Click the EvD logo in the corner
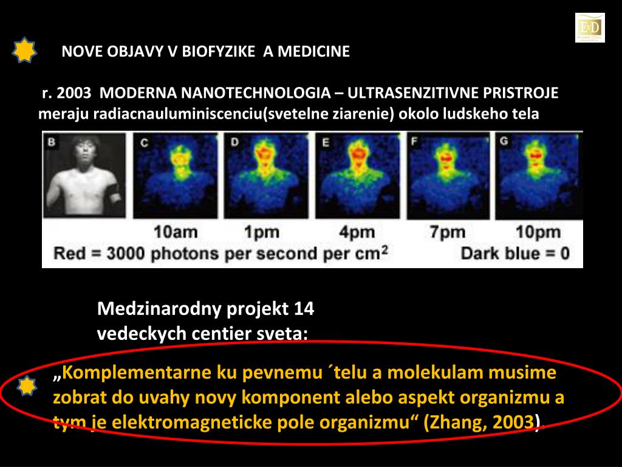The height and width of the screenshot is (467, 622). click(x=590, y=27)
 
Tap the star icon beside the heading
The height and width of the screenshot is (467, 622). click(x=24, y=50)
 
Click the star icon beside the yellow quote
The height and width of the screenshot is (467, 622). click(x=27, y=386)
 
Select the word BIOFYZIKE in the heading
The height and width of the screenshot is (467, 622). click(x=217, y=51)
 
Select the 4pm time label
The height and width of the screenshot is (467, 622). click(x=357, y=232)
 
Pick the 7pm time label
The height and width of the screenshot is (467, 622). click(x=448, y=232)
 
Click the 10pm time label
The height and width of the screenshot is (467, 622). click(x=538, y=232)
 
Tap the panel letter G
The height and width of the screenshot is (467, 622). click(x=504, y=142)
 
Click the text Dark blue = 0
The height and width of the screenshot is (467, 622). click(x=515, y=253)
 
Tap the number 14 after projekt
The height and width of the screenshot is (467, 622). click(x=304, y=309)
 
